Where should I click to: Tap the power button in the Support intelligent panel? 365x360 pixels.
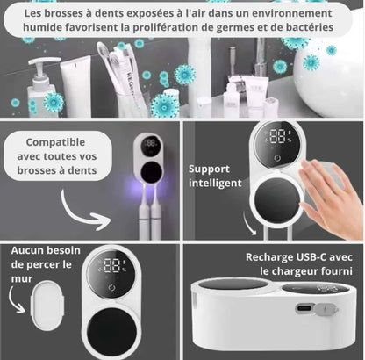277,158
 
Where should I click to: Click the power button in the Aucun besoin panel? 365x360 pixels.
112,287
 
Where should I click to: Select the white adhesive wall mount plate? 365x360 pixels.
47,305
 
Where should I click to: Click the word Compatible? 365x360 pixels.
55,142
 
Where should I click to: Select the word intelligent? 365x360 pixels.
215,183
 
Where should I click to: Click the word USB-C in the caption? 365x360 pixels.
311,257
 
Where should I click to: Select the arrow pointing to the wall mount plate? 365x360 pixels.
15,300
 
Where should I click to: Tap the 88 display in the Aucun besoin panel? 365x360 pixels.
111,266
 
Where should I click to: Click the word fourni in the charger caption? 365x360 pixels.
337,271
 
